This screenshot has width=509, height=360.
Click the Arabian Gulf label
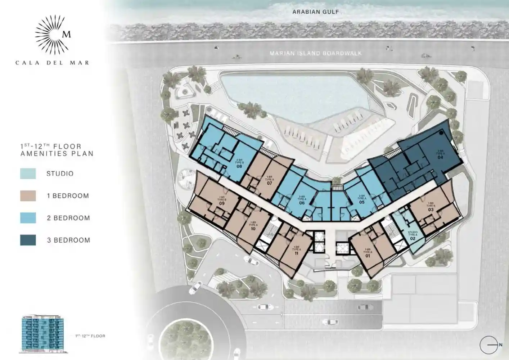coord(315,12)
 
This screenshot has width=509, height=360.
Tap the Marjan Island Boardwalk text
coord(316,54)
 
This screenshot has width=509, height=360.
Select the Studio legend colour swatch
coord(28,174)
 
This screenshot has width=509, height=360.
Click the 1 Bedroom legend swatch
coord(28,196)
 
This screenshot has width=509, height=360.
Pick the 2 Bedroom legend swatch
coord(28,218)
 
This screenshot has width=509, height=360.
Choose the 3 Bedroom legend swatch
coord(28,240)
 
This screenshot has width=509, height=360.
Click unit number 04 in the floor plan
coord(440,157)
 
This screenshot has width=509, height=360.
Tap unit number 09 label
coord(222,203)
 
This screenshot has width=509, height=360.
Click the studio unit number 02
coord(413,239)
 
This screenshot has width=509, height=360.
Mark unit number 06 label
coord(302,203)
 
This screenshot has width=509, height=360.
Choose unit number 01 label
coord(368,256)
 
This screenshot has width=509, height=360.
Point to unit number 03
coord(431,210)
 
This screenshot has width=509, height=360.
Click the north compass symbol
coord(490,345)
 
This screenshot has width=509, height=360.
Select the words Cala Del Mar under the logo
coord(52,63)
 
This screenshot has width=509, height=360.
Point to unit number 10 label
coord(253,229)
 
